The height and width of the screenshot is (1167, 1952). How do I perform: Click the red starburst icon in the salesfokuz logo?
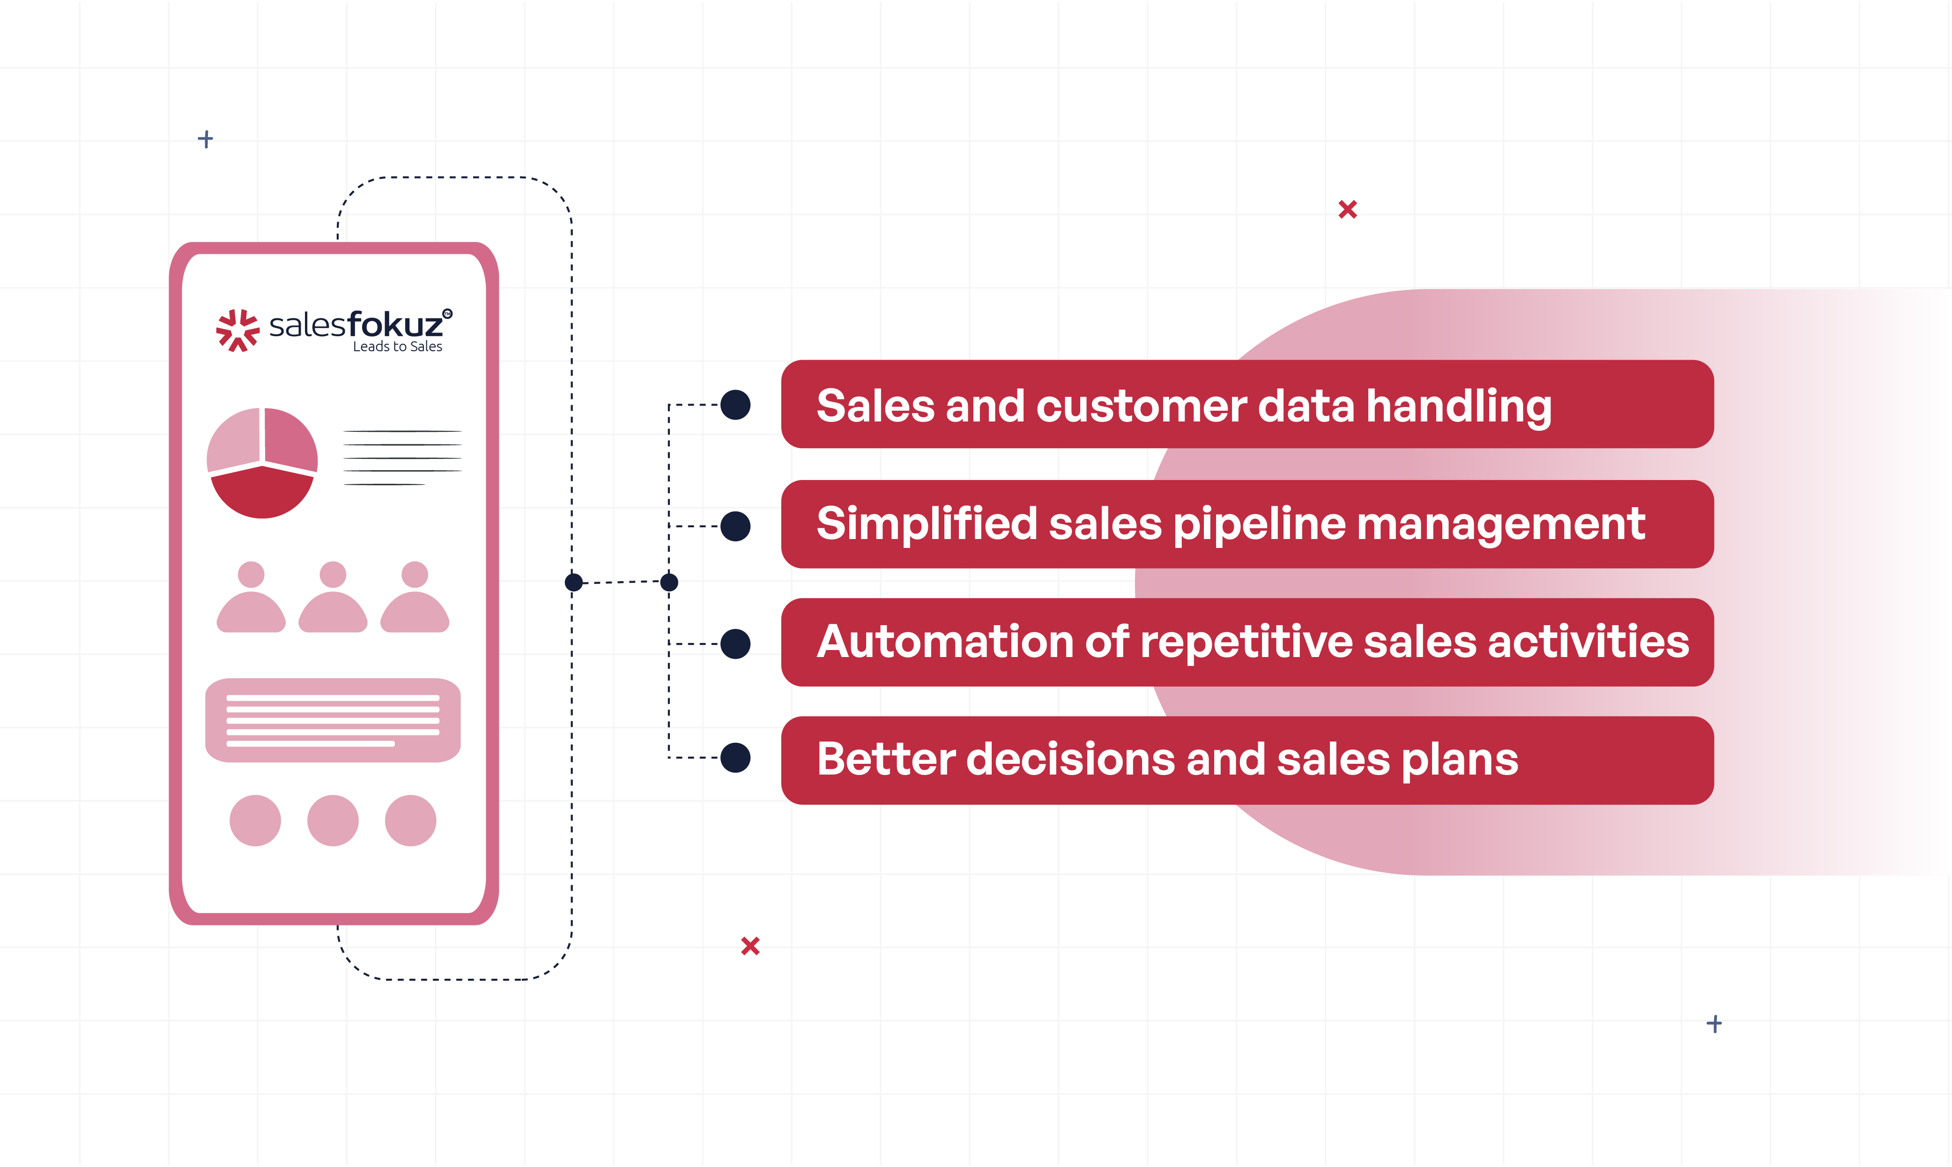coord(238,330)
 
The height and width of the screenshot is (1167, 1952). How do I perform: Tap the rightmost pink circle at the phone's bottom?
coord(410,820)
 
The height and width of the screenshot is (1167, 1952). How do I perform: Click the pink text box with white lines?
coord(333,720)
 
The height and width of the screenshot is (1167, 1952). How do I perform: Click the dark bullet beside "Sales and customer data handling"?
coord(735,405)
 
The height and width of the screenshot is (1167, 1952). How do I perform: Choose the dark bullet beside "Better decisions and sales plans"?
coord(735,758)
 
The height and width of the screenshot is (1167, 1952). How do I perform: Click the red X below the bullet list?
coord(750,946)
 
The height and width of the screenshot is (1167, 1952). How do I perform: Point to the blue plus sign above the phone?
coord(205,139)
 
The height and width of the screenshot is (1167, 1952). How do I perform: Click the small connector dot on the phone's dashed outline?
coord(573,583)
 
